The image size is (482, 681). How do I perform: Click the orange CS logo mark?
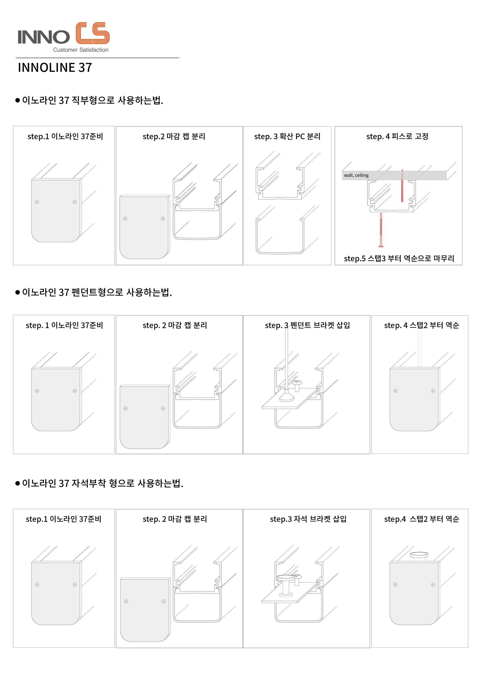92,33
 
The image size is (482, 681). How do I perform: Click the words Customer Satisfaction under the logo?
81,50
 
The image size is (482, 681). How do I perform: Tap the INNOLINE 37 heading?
55,68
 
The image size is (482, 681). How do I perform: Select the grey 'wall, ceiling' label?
356,175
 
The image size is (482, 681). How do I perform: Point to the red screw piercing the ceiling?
402,186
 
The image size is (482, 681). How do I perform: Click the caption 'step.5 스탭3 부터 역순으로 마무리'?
399,258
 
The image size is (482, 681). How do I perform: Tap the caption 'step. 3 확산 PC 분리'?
287,136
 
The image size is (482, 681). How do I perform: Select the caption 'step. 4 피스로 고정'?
397,136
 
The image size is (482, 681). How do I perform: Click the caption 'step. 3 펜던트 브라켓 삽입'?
308,325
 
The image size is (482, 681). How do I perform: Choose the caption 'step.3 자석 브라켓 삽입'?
308,519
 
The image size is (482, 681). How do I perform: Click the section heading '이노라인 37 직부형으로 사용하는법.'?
93,100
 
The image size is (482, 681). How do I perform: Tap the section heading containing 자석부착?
103,483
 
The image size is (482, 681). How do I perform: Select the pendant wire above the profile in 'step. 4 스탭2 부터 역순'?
419,349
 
